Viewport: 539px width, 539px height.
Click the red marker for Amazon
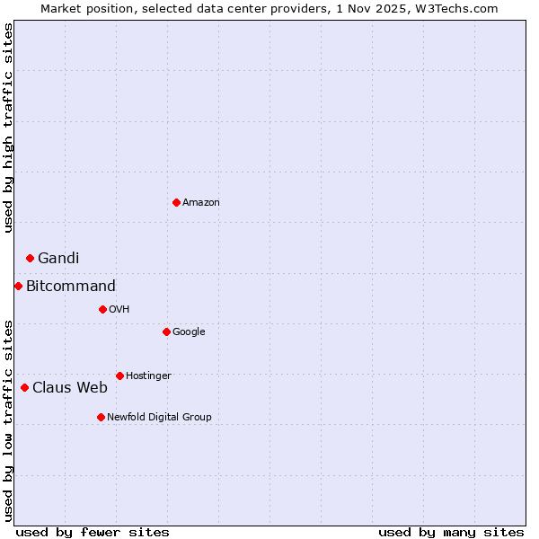click(176, 202)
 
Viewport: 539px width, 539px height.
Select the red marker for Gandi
click(30, 258)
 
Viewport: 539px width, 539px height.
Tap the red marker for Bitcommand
click(18, 286)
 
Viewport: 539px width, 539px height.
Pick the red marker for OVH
click(102, 309)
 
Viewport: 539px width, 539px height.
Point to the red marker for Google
click(166, 331)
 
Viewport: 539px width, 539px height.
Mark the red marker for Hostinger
click(119, 376)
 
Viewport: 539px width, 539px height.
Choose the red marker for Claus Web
click(24, 387)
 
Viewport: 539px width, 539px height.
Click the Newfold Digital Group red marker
click(101, 417)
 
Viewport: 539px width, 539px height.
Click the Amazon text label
click(201, 203)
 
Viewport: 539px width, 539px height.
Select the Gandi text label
click(58, 259)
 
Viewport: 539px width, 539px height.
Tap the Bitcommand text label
click(71, 287)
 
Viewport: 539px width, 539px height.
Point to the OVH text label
click(119, 310)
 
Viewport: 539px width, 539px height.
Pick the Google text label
click(189, 332)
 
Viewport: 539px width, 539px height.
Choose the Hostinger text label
click(148, 376)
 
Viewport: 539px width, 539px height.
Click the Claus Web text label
click(70, 388)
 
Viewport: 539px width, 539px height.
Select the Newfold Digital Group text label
click(159, 418)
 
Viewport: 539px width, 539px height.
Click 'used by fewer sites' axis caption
click(93, 532)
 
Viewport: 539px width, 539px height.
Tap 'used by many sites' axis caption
click(451, 532)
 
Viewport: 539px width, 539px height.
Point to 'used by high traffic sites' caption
click(8, 128)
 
